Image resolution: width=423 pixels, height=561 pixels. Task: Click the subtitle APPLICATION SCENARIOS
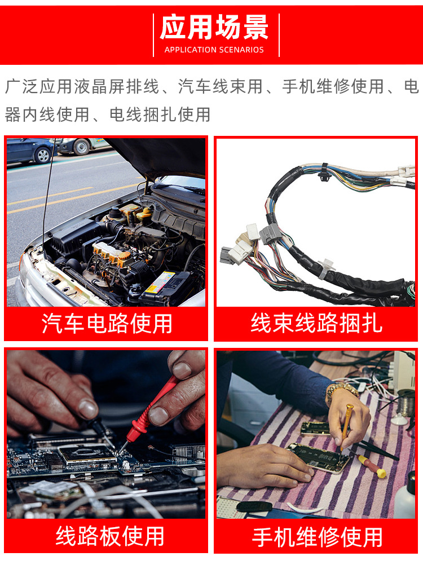pyautogui.click(x=214, y=50)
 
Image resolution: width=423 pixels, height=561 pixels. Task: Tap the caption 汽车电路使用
pyautogui.click(x=107, y=324)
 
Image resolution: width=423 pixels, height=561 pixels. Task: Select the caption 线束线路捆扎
pyautogui.click(x=316, y=324)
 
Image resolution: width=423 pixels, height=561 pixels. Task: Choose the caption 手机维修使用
pyautogui.click(x=317, y=537)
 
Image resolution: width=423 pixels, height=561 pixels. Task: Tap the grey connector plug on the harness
pyautogui.click(x=270, y=233)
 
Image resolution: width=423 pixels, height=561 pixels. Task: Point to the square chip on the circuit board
pyautogui.click(x=85, y=454)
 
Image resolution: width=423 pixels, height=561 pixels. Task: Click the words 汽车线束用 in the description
pyautogui.click(x=221, y=87)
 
